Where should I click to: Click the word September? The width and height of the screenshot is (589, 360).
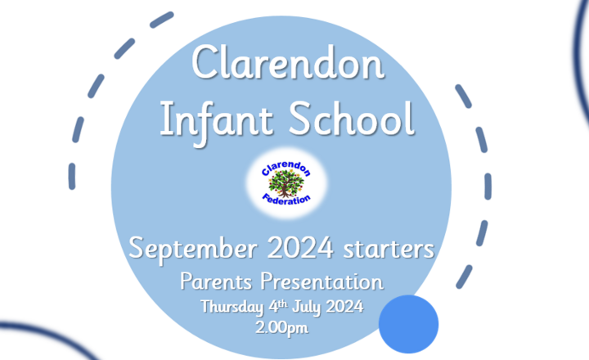[193, 250]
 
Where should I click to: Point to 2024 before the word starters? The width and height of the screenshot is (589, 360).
[300, 247]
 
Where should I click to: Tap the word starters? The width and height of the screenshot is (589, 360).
[389, 249]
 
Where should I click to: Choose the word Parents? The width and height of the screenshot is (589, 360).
[216, 281]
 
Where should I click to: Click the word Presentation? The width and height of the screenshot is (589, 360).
[322, 281]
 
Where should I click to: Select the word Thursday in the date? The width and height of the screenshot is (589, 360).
[232, 307]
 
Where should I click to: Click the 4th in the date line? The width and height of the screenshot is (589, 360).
[278, 306]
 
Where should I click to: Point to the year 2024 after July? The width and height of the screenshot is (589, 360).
[344, 306]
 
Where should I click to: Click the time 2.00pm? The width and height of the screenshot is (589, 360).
[282, 328]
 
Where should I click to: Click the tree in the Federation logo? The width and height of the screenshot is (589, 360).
[286, 183]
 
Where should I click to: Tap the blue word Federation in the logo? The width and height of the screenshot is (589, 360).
[286, 199]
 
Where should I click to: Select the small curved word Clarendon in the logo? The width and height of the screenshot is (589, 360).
[286, 169]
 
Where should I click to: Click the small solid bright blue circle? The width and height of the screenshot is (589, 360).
[408, 324]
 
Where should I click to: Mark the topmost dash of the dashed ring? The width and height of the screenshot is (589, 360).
[162, 20]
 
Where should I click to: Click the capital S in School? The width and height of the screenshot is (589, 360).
[300, 119]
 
